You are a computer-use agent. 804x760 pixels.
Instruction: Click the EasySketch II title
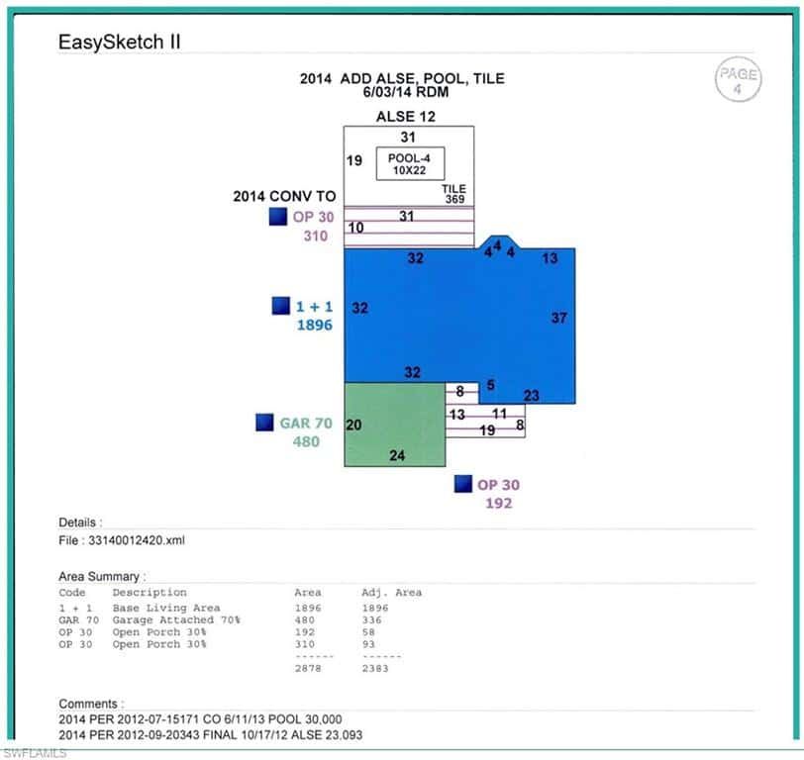pos(120,42)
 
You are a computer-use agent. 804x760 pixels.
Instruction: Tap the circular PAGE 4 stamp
pos(738,79)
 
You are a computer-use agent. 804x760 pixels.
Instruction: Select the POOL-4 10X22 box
pos(410,164)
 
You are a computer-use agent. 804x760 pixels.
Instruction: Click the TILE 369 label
pos(454,194)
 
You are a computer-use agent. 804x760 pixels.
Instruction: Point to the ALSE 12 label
pos(406,117)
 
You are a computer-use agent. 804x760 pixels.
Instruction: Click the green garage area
pos(395,425)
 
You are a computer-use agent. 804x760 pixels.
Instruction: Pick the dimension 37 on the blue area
pos(558,318)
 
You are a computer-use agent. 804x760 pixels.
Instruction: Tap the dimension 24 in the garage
pos(397,455)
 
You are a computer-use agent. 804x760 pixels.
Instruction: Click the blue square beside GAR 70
pos(264,423)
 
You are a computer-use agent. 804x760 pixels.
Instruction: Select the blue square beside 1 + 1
pos(280,306)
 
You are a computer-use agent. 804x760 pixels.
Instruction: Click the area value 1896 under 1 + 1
pos(314,325)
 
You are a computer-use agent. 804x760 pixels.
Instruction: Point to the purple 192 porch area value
pos(498,503)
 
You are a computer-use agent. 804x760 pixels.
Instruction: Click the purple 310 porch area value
pos(315,236)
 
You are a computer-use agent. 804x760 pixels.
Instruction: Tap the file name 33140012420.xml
pos(137,540)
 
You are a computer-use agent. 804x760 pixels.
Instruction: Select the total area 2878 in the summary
pos(308,668)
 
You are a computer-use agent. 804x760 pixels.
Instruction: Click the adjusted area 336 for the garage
pos(371,620)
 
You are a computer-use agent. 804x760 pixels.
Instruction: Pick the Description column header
pos(150,593)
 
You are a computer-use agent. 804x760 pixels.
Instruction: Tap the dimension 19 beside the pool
pos(354,161)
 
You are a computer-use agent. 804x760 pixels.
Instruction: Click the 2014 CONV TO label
pos(284,196)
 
